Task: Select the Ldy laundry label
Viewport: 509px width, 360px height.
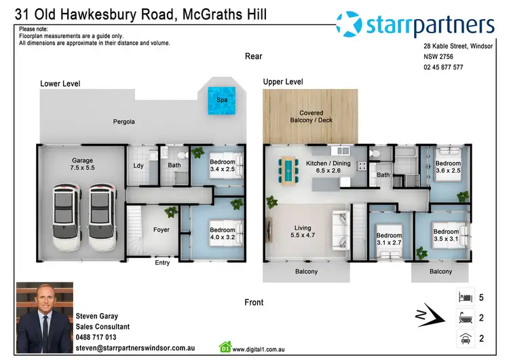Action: pyautogui.click(x=138, y=165)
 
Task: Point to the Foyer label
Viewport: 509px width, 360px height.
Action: pyautogui.click(x=162, y=230)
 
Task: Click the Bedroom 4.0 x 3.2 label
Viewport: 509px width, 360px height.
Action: pyautogui.click(x=222, y=234)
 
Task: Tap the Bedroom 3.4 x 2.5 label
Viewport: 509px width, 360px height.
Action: pyautogui.click(x=222, y=166)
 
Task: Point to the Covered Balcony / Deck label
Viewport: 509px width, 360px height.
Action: pyautogui.click(x=312, y=117)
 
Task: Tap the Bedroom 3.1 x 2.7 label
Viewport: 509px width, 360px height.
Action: pyautogui.click(x=389, y=240)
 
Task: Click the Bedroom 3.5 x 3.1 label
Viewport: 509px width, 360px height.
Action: pyautogui.click(x=446, y=236)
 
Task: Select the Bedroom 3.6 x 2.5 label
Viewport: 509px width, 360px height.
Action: pyautogui.click(x=448, y=167)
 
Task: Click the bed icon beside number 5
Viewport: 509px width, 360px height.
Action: pyautogui.click(x=465, y=297)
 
